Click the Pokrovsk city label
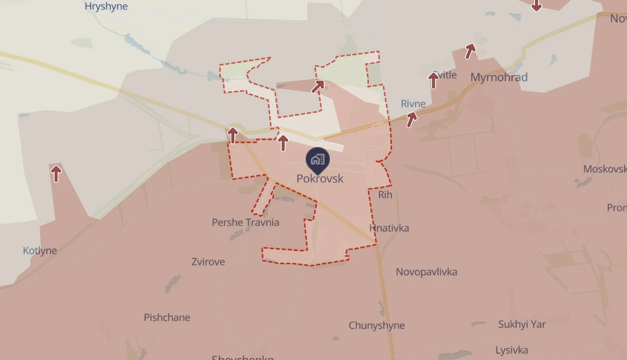[320, 178]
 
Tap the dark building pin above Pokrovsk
[318, 160]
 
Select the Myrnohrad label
[499, 77]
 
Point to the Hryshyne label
[106, 7]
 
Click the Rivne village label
[413, 104]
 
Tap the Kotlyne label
[40, 251]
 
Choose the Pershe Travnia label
[246, 222]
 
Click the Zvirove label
[208, 262]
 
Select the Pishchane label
[167, 317]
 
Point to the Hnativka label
[389, 228]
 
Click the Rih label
[385, 195]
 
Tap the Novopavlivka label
[427, 272]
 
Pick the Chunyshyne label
[376, 325]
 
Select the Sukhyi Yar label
[522, 324]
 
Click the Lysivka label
[512, 350]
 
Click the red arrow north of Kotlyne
[56, 173]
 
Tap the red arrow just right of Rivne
[411, 119]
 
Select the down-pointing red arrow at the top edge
[536, 5]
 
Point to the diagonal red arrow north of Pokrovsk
[318, 86]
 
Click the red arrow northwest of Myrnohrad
[470, 51]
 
